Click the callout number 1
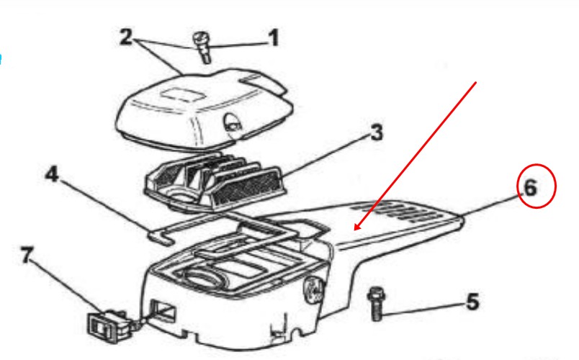(x=273, y=38)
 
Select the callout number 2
(x=126, y=37)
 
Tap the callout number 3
(x=376, y=132)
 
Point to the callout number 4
(x=52, y=174)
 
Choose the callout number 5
(x=472, y=302)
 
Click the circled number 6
(x=530, y=188)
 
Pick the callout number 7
(x=27, y=255)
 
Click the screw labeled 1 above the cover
(x=202, y=48)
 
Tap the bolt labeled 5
(x=376, y=304)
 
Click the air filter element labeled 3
(x=216, y=181)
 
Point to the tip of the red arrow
(x=354, y=230)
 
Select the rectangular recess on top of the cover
(x=183, y=94)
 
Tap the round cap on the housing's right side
(x=314, y=289)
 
